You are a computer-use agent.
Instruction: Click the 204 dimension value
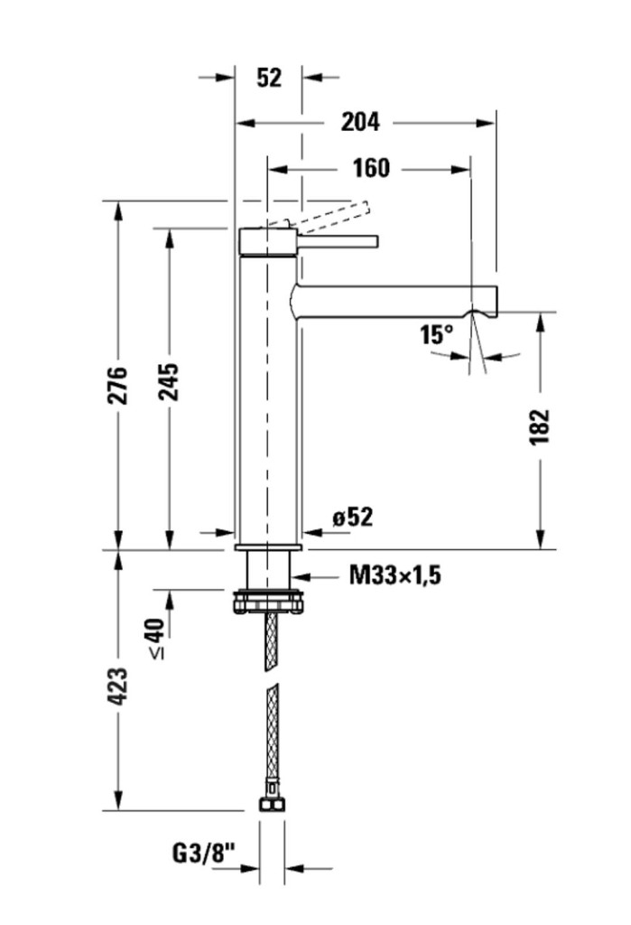[x=360, y=122]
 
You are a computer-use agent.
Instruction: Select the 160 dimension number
[x=370, y=168]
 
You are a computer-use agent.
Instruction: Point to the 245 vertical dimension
[x=170, y=381]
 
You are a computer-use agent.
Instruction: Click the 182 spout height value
[x=539, y=426]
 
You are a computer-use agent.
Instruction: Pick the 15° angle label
[x=435, y=335]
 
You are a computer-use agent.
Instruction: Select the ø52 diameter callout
[x=352, y=518]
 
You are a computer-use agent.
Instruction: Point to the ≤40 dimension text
[x=155, y=638]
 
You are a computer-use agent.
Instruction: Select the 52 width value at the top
[x=268, y=78]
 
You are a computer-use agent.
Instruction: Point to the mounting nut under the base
[x=268, y=600]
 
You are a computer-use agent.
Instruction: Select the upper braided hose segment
[x=270, y=641]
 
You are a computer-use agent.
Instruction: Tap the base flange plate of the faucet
[x=268, y=547]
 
